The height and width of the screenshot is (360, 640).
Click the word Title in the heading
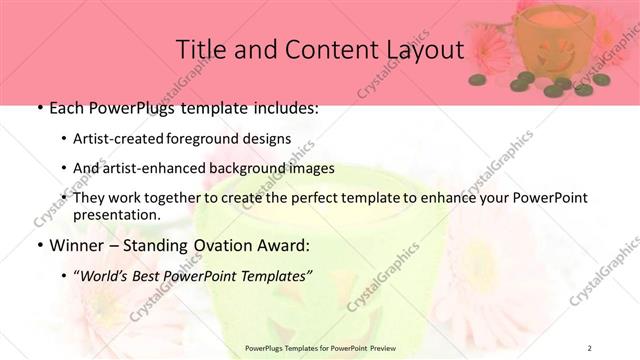pyautogui.click(x=199, y=50)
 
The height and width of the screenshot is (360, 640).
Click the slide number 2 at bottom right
pyautogui.click(x=590, y=347)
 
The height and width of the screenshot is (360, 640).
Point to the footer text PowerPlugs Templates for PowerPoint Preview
pyautogui.click(x=319, y=347)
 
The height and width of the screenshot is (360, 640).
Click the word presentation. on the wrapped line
pyautogui.click(x=117, y=214)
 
